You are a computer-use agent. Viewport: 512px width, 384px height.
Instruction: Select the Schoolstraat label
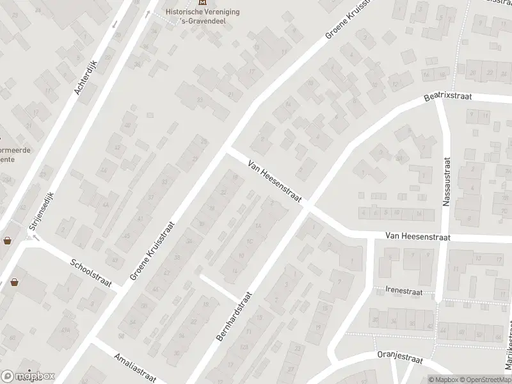[91, 274]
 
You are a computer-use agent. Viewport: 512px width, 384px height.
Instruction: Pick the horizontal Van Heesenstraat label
[418, 237]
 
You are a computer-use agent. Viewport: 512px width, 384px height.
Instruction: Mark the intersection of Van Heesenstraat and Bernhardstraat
[308, 207]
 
